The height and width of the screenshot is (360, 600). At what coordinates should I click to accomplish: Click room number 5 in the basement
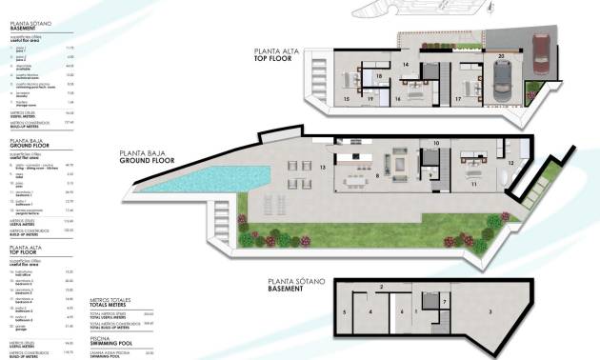[x=343, y=311]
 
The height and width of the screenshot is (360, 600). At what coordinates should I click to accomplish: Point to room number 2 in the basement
[x=381, y=286]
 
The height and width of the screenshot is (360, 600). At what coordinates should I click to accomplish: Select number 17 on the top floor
[x=458, y=98]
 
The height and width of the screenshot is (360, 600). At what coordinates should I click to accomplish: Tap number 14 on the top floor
[x=406, y=65]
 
